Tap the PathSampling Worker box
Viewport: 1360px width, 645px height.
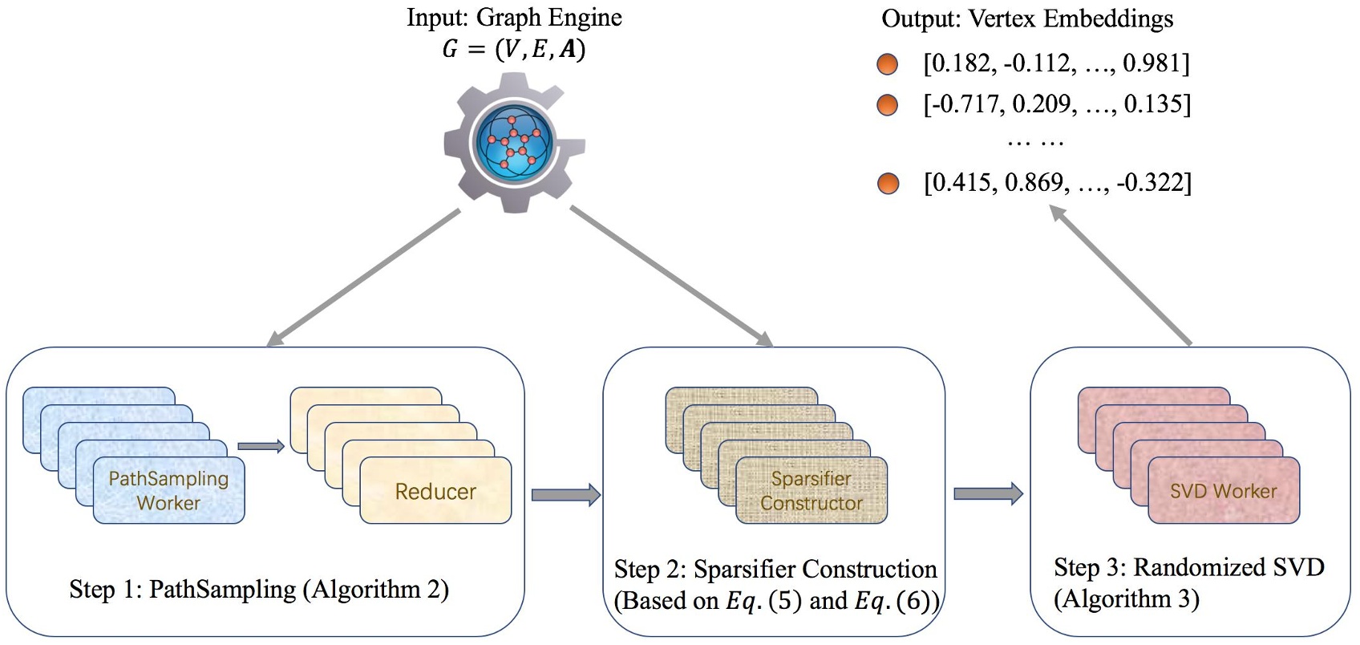click(x=168, y=490)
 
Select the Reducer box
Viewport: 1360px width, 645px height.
click(x=435, y=491)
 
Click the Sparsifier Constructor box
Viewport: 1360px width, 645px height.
click(x=812, y=490)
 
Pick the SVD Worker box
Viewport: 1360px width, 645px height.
click(x=1223, y=490)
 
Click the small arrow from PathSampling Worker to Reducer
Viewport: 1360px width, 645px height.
click(x=261, y=446)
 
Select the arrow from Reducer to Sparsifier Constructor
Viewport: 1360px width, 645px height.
click(x=565, y=494)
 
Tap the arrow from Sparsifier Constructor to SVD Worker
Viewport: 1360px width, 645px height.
click(x=987, y=493)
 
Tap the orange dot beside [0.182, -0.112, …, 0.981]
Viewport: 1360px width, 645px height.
click(x=887, y=64)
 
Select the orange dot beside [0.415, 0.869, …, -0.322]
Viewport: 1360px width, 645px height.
click(x=888, y=184)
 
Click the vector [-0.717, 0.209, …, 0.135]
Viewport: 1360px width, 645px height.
click(x=1056, y=104)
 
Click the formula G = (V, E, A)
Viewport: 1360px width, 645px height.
click(x=513, y=50)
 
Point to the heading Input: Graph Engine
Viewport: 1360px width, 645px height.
click(x=514, y=18)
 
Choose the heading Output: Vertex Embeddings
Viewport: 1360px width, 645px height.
click(x=1027, y=18)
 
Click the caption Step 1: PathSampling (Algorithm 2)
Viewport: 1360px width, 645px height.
click(x=259, y=590)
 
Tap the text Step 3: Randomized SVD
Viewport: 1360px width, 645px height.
click(x=1188, y=567)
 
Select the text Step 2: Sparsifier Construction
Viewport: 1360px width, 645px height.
click(x=775, y=569)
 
